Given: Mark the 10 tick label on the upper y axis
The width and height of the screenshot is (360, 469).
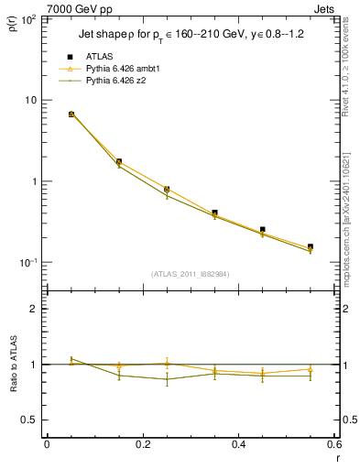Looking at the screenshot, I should pyautogui.click(x=33, y=100).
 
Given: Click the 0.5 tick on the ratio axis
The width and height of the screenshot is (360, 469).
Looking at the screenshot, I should pyautogui.click(x=30, y=420).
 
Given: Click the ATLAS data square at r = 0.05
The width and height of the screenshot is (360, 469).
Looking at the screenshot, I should pyautogui.click(x=71, y=115).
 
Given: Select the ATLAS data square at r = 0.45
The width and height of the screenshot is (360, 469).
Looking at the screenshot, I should pyautogui.click(x=263, y=230).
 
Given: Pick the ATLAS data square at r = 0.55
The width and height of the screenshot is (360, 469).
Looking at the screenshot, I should pyautogui.click(x=311, y=246).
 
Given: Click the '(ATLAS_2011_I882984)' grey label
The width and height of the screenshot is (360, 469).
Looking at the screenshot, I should pyautogui.click(x=191, y=273).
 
